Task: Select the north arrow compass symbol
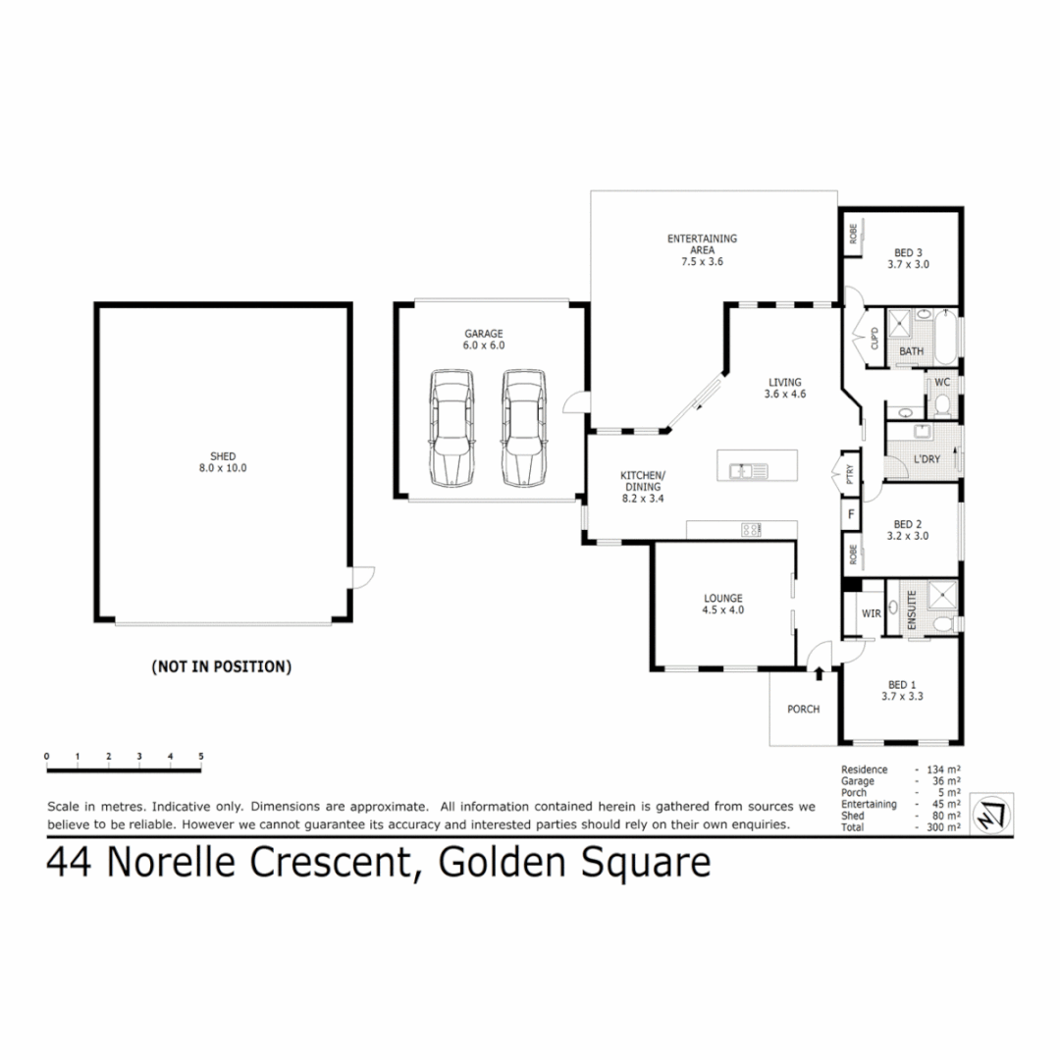coord(989,814)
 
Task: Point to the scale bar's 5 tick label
coord(200,757)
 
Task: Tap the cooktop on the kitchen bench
coord(752,530)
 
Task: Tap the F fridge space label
coord(850,513)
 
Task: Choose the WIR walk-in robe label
coord(871,613)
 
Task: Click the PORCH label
coord(803,710)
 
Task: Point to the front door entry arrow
coord(819,670)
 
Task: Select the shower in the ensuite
coord(943,595)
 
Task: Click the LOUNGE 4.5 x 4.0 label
coord(722,604)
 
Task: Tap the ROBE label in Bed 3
coord(854,234)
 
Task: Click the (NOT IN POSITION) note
coord(221,666)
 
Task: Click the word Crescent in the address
coord(330,863)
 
